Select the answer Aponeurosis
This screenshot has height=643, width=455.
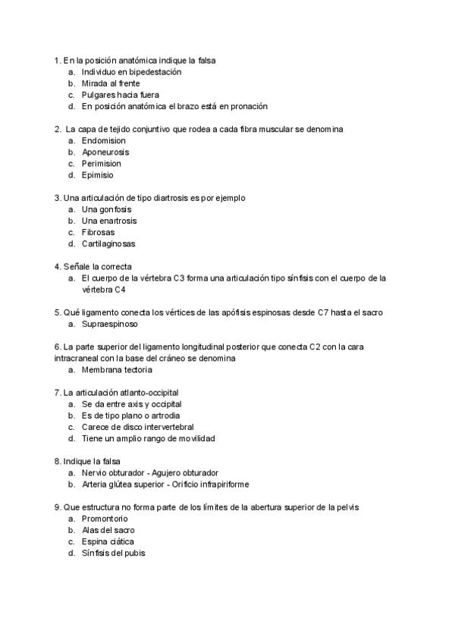[x=105, y=152]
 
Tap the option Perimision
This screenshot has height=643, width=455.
[x=101, y=164]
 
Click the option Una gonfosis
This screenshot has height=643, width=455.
[x=106, y=209]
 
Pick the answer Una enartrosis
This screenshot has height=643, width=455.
[x=109, y=221]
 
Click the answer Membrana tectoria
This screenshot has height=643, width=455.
[x=117, y=370]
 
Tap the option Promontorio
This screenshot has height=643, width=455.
[x=107, y=519]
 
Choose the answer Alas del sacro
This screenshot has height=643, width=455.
[x=108, y=530]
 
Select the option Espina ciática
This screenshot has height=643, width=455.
[x=108, y=541]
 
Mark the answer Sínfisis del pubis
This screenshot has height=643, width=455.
[x=113, y=553]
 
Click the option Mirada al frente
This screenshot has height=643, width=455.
[x=111, y=83]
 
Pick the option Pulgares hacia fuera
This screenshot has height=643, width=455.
[x=120, y=95]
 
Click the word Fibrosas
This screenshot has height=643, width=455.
[x=98, y=232]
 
